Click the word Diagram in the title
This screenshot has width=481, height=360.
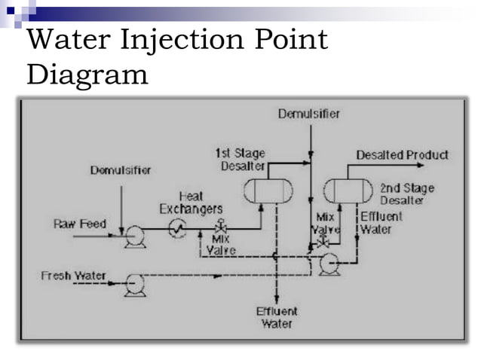point(87,75)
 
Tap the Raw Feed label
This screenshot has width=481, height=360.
point(80,224)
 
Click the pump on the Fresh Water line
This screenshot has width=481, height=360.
point(136,283)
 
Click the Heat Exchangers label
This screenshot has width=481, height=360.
point(191,202)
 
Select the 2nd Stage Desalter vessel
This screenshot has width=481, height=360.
point(346,192)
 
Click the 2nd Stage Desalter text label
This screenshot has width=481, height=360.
point(406,194)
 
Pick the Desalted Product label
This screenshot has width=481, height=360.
point(402,155)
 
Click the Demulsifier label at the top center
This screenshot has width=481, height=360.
point(308,114)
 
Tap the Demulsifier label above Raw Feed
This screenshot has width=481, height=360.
point(121,169)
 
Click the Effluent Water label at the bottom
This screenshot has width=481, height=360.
point(277,317)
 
